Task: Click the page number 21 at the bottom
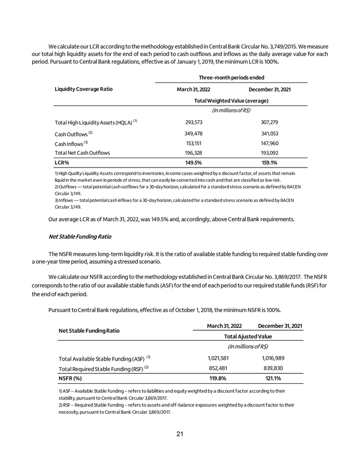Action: (x=180, y=434)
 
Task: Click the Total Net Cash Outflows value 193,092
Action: (x=269, y=153)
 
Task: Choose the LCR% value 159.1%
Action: (x=269, y=163)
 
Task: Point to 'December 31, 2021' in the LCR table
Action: (x=269, y=89)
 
